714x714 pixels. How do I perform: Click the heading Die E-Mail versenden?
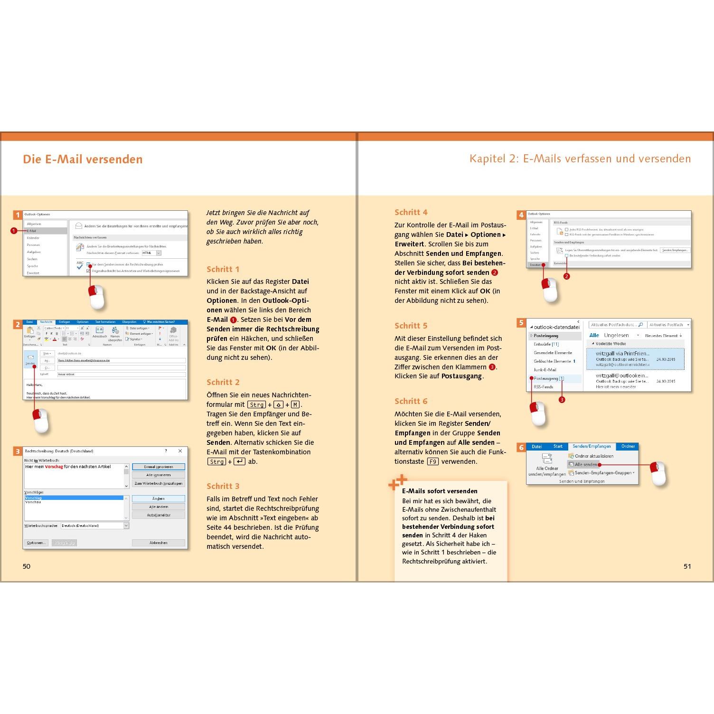[x=83, y=160]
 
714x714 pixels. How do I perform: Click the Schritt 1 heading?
[x=223, y=269]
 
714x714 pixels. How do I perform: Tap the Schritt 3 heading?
[x=223, y=486]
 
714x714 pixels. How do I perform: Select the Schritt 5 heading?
[x=411, y=326]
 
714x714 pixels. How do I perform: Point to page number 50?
[x=27, y=566]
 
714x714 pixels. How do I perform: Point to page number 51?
[x=687, y=566]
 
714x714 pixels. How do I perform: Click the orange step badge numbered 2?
[x=18, y=325]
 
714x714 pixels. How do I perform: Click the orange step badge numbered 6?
[x=521, y=447]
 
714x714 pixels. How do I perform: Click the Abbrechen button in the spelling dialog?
[x=158, y=543]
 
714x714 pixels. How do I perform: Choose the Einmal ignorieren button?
[x=158, y=467]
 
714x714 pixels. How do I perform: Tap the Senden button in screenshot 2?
[x=30, y=359]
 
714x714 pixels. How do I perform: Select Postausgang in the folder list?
[x=546, y=378]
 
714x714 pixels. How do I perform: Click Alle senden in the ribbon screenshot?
[x=585, y=464]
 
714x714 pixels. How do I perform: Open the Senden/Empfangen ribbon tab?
[x=592, y=446]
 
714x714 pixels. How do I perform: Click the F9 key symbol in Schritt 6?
[x=432, y=461]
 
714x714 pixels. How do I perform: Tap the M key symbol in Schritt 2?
[x=295, y=404]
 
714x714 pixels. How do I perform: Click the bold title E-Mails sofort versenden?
[x=440, y=491]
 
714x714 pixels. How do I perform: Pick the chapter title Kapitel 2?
[x=580, y=159]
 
